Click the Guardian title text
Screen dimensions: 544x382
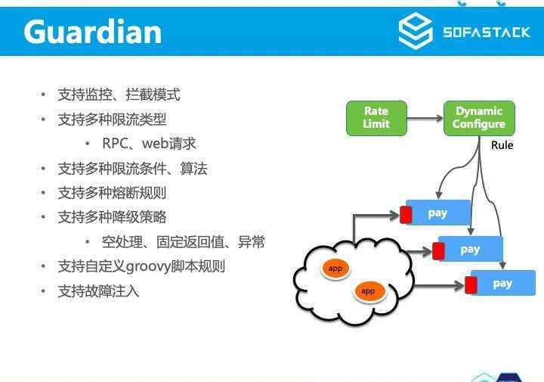93,32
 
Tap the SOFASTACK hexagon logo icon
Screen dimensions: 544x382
416,30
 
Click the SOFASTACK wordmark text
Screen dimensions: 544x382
487,33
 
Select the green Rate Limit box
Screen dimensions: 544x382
376,118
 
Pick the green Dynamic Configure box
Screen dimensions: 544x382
479,118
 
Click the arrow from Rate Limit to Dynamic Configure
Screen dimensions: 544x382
425,119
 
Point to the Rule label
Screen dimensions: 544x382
502,144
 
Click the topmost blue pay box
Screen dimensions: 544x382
437,213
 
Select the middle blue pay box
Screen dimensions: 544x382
471,249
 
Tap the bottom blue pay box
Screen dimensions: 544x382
503,283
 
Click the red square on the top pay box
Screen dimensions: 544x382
406,215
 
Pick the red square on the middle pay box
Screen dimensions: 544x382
438,251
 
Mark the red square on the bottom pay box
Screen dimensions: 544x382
471,285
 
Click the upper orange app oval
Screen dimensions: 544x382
335,269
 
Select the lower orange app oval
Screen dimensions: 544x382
368,291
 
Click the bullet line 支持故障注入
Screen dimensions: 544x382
98,291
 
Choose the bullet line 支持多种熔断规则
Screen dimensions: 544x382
112,193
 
